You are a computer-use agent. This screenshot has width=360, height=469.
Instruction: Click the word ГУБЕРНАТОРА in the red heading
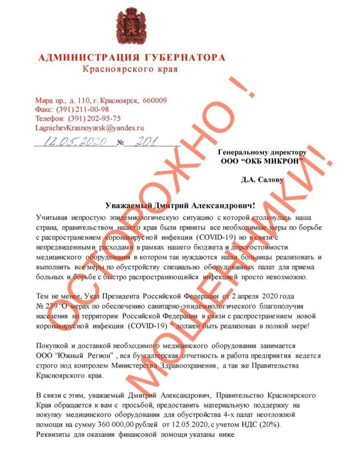(184, 58)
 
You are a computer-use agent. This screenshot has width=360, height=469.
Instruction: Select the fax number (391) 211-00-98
(82, 109)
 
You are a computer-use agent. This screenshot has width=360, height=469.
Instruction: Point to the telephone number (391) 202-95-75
(94, 118)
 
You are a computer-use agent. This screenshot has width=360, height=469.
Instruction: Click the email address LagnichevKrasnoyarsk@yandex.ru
(90, 128)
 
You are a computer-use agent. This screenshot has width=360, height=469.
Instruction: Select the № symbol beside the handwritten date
(121, 143)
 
